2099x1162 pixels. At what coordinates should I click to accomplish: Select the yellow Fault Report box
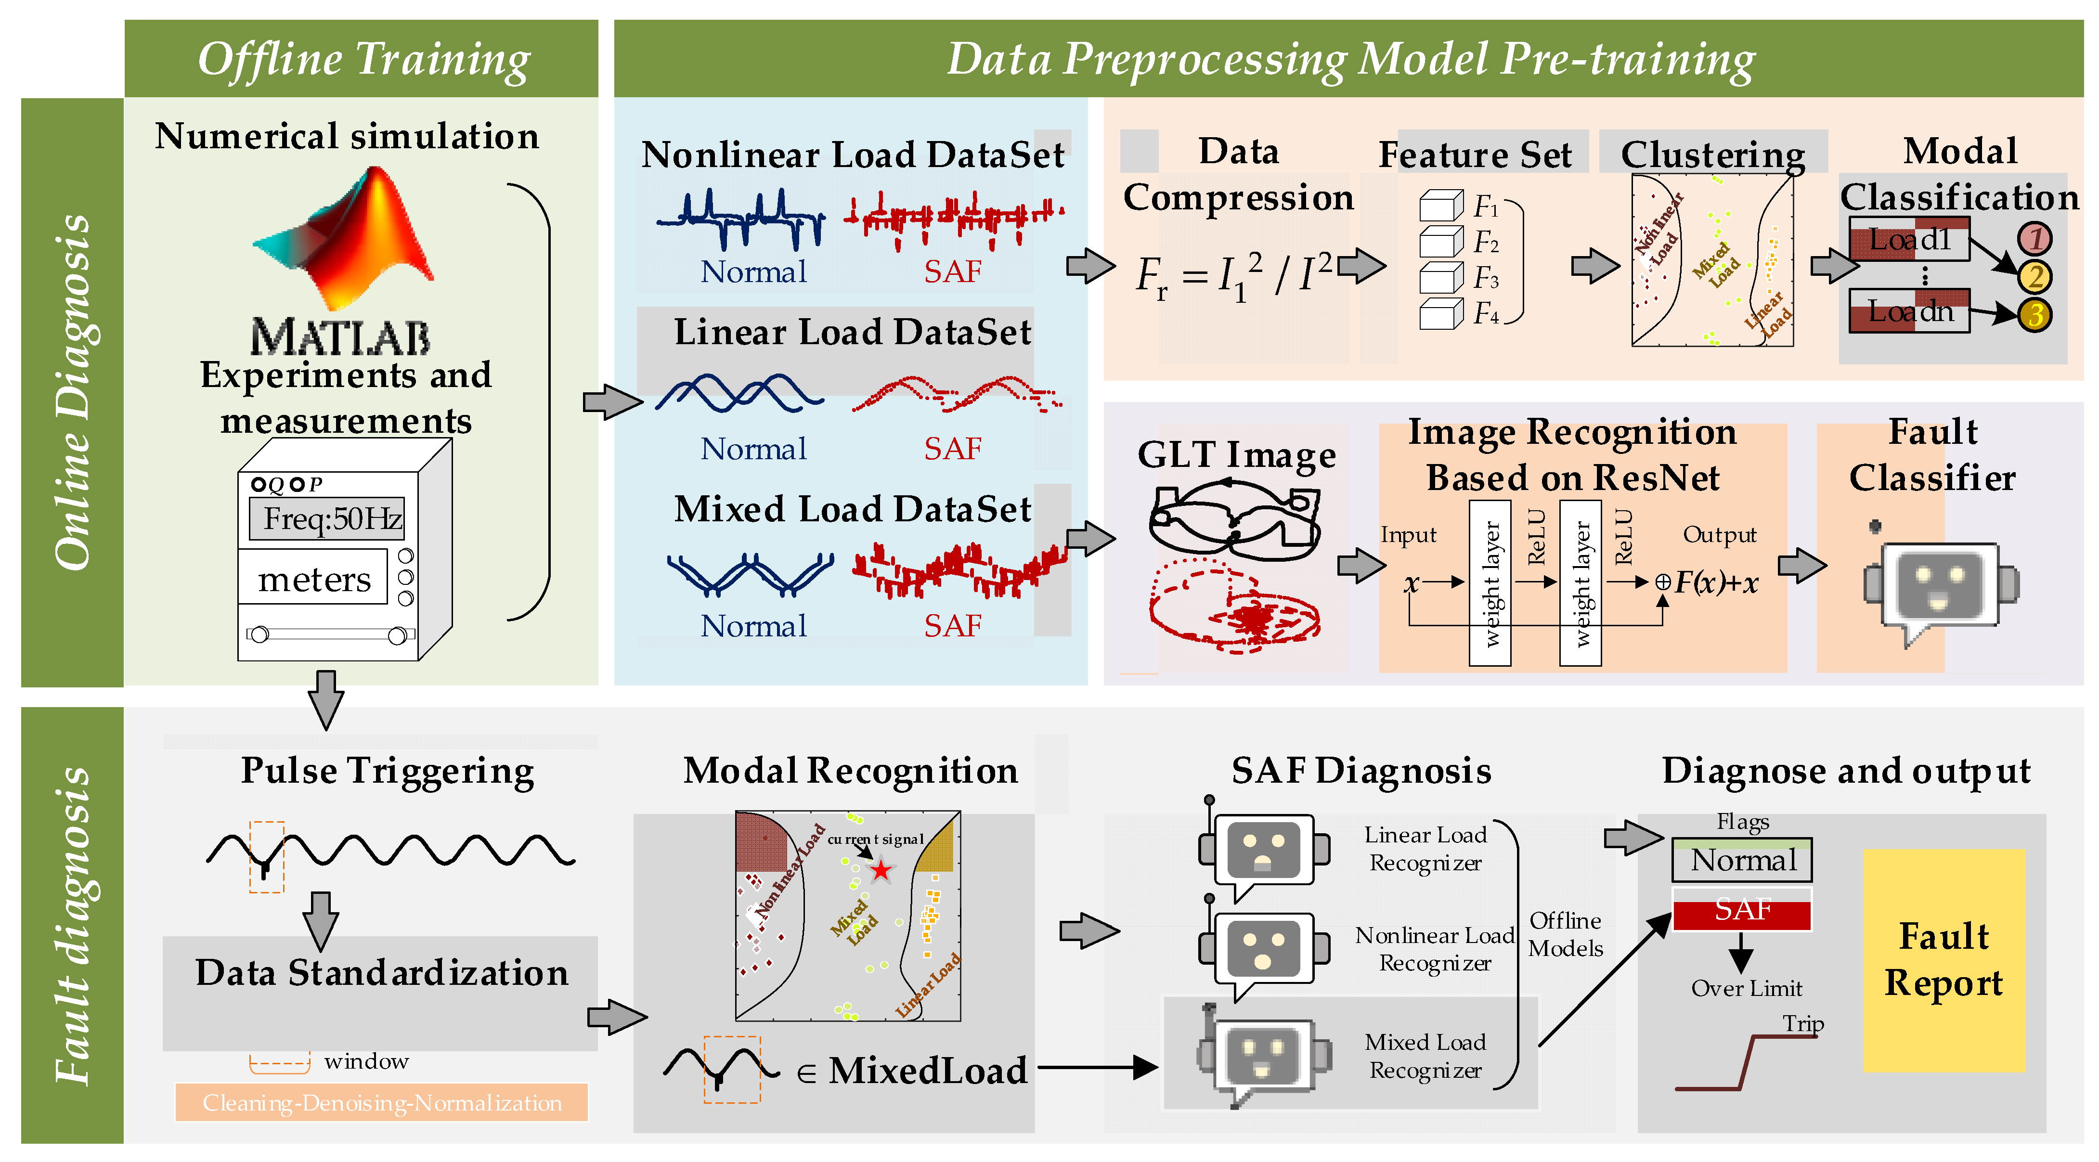[1944, 960]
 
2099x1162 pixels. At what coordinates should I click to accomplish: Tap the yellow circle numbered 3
[2034, 314]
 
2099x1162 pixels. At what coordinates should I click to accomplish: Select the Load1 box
[1909, 240]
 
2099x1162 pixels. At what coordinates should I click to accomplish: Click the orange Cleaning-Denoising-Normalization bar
[381, 1102]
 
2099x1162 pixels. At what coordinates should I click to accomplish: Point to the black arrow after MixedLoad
[1096, 1067]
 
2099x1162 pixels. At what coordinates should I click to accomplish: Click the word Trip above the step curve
[1803, 1023]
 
